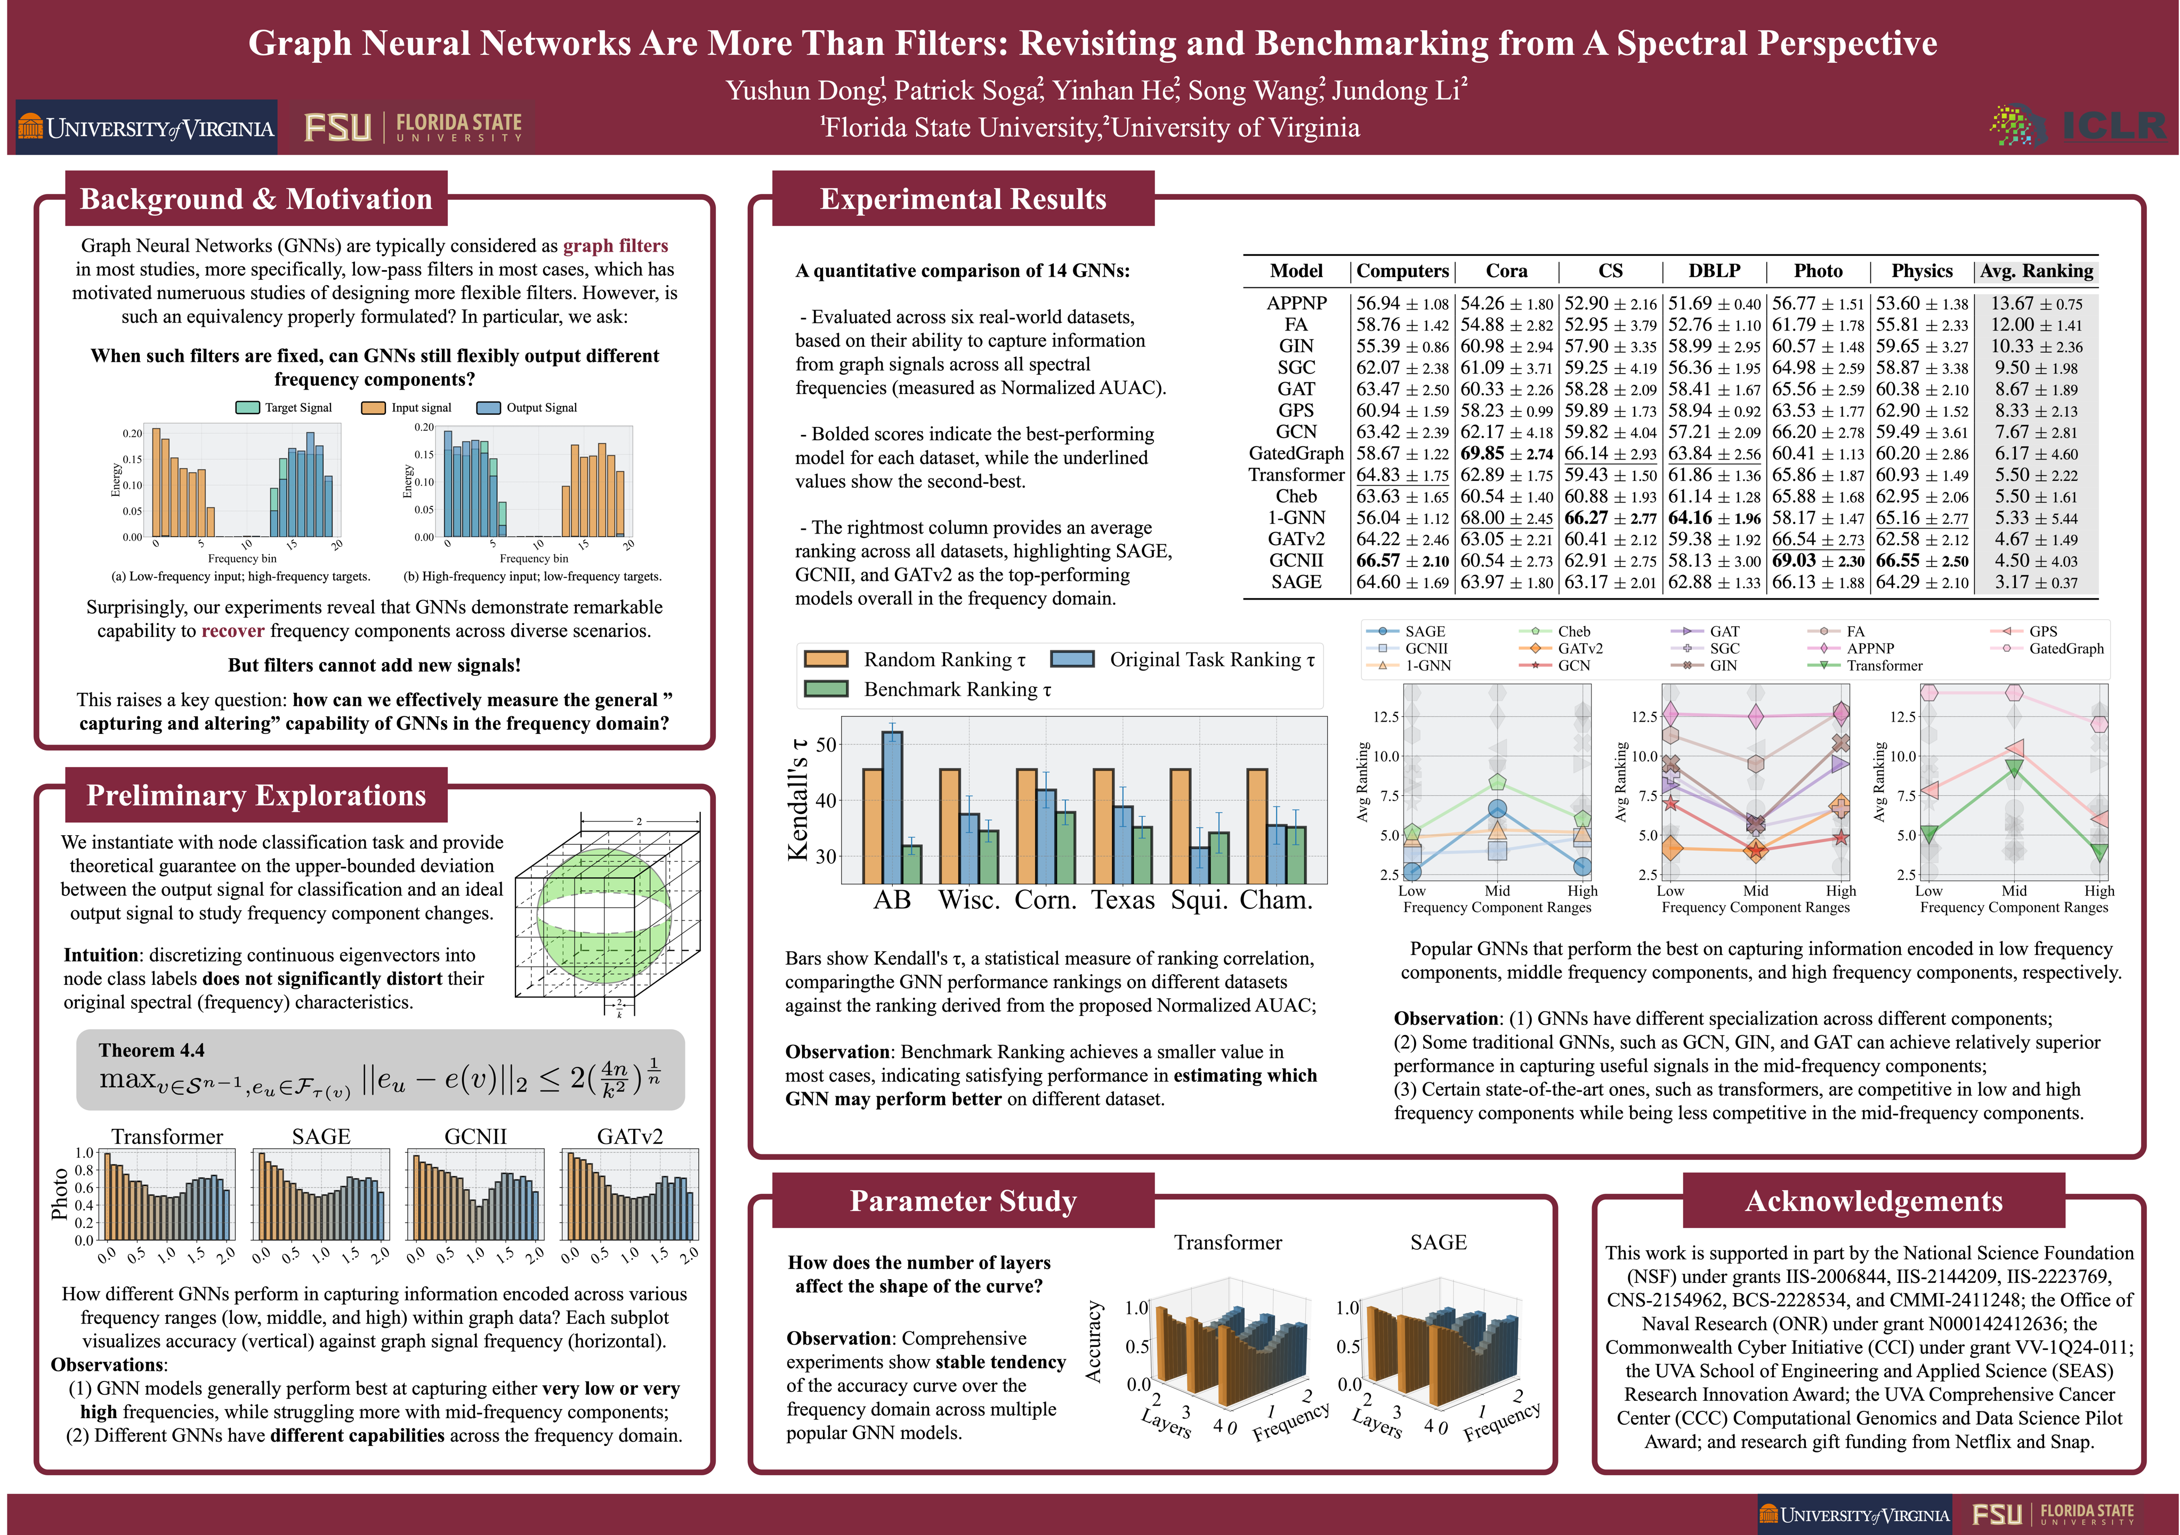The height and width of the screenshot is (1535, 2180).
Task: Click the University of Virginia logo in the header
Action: pyautogui.click(x=146, y=128)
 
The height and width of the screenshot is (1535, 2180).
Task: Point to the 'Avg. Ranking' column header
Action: pyautogui.click(x=2036, y=271)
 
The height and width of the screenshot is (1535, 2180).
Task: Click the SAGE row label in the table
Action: pyautogui.click(x=1296, y=582)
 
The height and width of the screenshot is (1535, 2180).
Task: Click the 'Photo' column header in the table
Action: pyautogui.click(x=1818, y=271)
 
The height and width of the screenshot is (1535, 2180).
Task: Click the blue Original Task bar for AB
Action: pyautogui.click(x=892, y=807)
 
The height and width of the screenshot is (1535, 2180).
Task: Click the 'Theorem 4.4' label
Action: pyautogui.click(x=151, y=1050)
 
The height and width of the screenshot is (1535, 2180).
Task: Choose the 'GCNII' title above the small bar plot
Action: pyautogui.click(x=475, y=1136)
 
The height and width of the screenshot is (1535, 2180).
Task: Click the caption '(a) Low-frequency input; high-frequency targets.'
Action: pyautogui.click(x=241, y=576)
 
